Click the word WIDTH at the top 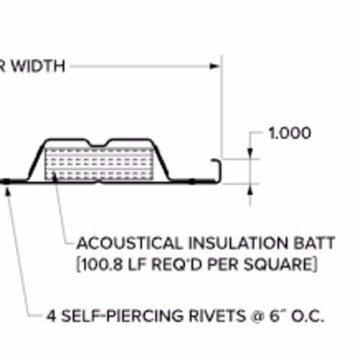(x=39, y=66)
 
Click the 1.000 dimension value (x=289, y=133)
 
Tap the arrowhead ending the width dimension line (x=215, y=66)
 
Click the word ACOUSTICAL (x=130, y=243)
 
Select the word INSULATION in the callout (x=238, y=243)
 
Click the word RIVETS (x=217, y=315)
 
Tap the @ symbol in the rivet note (x=257, y=316)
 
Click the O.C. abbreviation (x=307, y=316)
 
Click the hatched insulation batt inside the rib (x=99, y=163)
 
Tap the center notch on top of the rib (x=98, y=145)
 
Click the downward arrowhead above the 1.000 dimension (x=250, y=153)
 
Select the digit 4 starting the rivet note (x=51, y=316)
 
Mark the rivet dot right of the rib (x=192, y=181)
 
